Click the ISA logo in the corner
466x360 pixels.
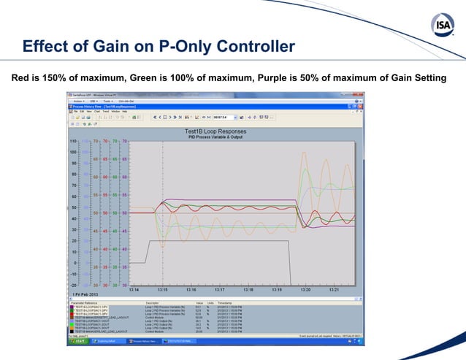tap(441, 27)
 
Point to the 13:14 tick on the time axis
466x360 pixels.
tap(134, 289)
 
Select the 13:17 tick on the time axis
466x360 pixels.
tap(220, 289)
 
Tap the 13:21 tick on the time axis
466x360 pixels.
tap(334, 289)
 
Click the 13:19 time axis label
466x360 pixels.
tap(277, 289)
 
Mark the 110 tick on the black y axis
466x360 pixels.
tap(74, 141)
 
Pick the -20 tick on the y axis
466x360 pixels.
tap(74, 286)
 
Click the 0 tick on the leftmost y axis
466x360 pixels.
tap(76, 263)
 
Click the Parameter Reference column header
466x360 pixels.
tap(85, 301)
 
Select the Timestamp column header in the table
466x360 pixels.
tap(224, 301)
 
